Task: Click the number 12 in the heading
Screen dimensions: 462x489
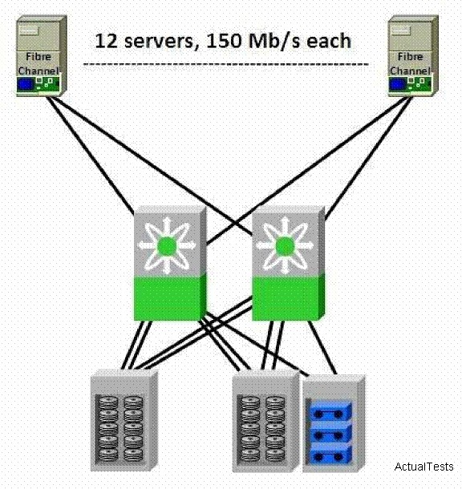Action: click(x=106, y=41)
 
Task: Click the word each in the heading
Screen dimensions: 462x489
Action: click(x=329, y=41)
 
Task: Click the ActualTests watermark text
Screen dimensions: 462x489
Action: click(x=423, y=467)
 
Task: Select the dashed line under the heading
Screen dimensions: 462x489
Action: click(x=226, y=65)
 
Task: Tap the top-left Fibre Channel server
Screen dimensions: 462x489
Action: click(x=42, y=56)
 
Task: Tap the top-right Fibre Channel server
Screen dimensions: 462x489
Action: click(x=413, y=56)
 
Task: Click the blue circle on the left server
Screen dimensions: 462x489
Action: click(x=26, y=84)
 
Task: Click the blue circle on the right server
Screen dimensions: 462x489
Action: click(x=397, y=84)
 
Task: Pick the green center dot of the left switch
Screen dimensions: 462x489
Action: click(x=167, y=246)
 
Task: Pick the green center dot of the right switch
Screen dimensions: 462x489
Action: click(x=284, y=246)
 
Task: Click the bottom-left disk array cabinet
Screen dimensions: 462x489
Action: click(x=124, y=420)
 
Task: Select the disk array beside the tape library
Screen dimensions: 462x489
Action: click(x=266, y=421)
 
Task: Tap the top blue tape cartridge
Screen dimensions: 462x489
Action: click(x=330, y=411)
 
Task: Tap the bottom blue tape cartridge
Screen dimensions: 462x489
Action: click(x=330, y=454)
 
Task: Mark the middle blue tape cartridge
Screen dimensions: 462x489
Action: click(x=330, y=433)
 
